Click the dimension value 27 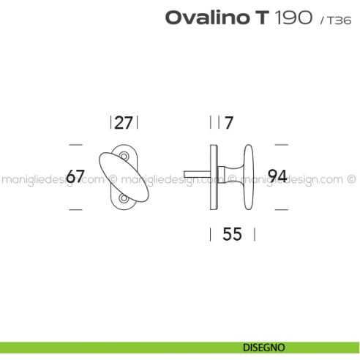click(x=124, y=121)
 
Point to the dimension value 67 click(x=76, y=176)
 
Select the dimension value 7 click(x=228, y=121)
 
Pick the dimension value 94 click(x=277, y=176)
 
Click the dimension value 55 click(x=232, y=234)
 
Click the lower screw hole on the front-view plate click(x=123, y=198)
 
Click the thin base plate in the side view click(x=214, y=176)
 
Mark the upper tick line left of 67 click(x=75, y=143)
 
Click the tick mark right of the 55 click(x=255, y=234)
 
